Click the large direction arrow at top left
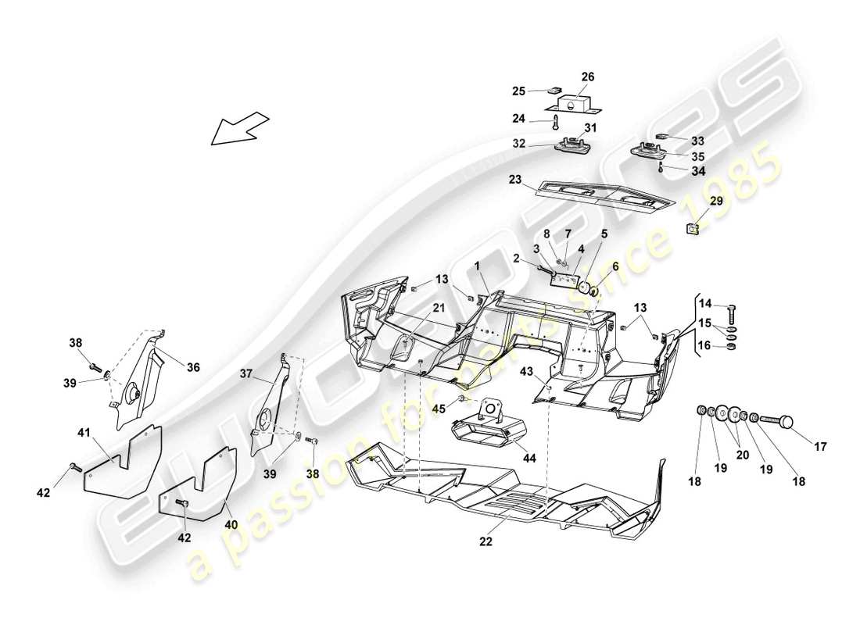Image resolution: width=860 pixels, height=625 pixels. pos(239,128)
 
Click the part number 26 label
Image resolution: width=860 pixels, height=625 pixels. pos(587,77)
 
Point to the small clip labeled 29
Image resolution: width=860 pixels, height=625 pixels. pos(692,228)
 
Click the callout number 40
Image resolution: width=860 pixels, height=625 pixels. pos(231,525)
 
